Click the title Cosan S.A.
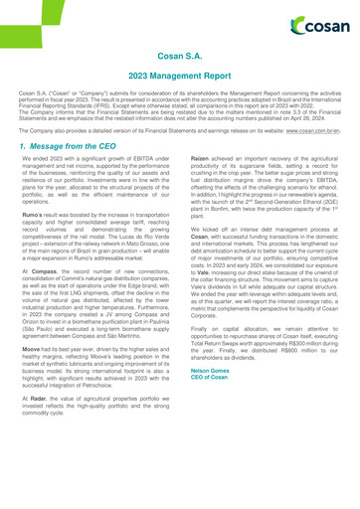pos(179,59)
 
